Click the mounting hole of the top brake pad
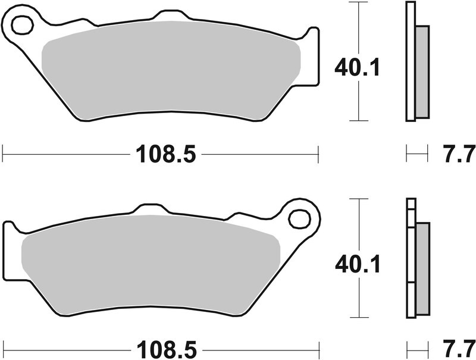point(22,26)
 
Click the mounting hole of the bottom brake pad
point(299,218)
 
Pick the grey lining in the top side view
point(421,71)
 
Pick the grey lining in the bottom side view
point(422,268)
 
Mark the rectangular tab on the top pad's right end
point(312,57)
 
